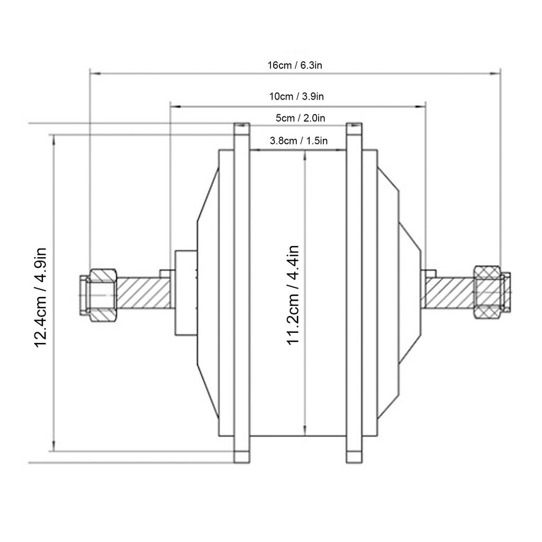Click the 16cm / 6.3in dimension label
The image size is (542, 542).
click(295, 66)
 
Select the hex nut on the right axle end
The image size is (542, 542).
click(487, 292)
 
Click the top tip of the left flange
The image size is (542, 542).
click(241, 128)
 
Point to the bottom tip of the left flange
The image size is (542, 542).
click(241, 457)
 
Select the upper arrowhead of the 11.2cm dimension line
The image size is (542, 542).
click(304, 154)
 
